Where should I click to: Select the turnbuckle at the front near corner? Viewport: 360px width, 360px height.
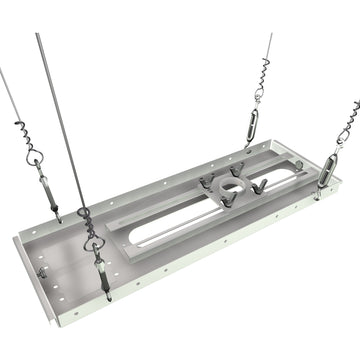pyautogui.click(x=101, y=273)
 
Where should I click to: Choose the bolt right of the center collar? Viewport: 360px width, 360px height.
pyautogui.click(x=259, y=186)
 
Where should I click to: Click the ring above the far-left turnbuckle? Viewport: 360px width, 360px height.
pyautogui.click(x=35, y=157)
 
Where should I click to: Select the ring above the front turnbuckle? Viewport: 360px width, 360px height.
pyautogui.click(x=92, y=240)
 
